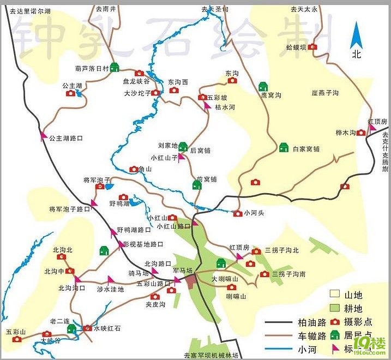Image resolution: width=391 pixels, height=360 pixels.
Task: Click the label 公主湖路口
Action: [x=65, y=139]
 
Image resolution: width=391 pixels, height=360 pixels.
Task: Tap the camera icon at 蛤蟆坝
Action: [x=312, y=47]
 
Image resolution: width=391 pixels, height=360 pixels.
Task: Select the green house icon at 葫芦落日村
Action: [x=115, y=68]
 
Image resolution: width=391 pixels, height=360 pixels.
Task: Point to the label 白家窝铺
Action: [x=306, y=148]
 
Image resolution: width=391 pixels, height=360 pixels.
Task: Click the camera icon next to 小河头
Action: [x=237, y=213]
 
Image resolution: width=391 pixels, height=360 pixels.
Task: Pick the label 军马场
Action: [x=182, y=271]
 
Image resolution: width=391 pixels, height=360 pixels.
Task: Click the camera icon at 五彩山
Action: [x=17, y=339]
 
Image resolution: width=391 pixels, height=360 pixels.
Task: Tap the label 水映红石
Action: [x=107, y=328]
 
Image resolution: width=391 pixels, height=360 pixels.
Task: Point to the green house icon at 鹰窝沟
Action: [x=263, y=86]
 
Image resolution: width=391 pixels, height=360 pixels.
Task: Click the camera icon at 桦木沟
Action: [x=361, y=133]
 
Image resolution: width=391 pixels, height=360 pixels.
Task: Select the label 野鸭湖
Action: [x=119, y=203]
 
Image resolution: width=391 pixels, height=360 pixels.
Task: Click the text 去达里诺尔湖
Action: [x=26, y=10]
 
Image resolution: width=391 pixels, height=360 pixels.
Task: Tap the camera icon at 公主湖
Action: [x=71, y=93]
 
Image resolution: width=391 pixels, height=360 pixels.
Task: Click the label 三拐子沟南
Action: [x=288, y=274]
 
